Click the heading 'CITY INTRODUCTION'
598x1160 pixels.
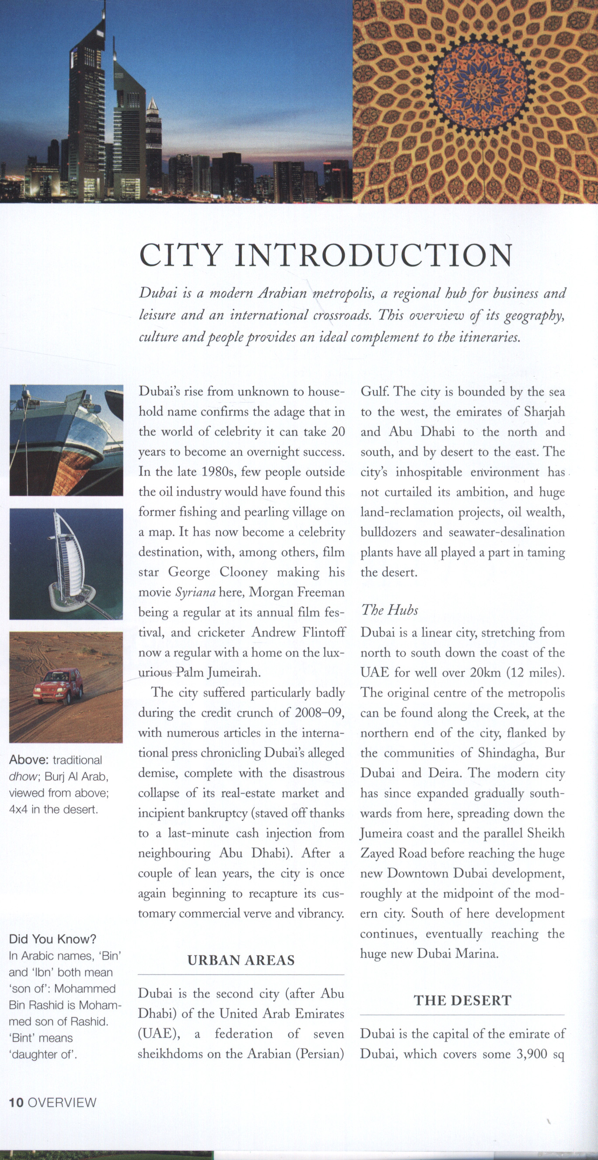pos(326,256)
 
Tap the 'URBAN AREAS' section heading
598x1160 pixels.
pos(241,960)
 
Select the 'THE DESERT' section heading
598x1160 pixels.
pos(462,1000)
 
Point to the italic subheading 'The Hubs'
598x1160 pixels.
pos(389,610)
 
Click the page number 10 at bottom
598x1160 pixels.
pos(16,1102)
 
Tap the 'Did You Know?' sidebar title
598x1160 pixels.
pos(52,939)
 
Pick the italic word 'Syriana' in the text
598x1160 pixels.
pos(195,592)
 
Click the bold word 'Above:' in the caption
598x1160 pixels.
pos(28,760)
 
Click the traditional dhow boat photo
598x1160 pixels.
pos(66,440)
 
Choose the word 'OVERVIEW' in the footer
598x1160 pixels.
pos(62,1102)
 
